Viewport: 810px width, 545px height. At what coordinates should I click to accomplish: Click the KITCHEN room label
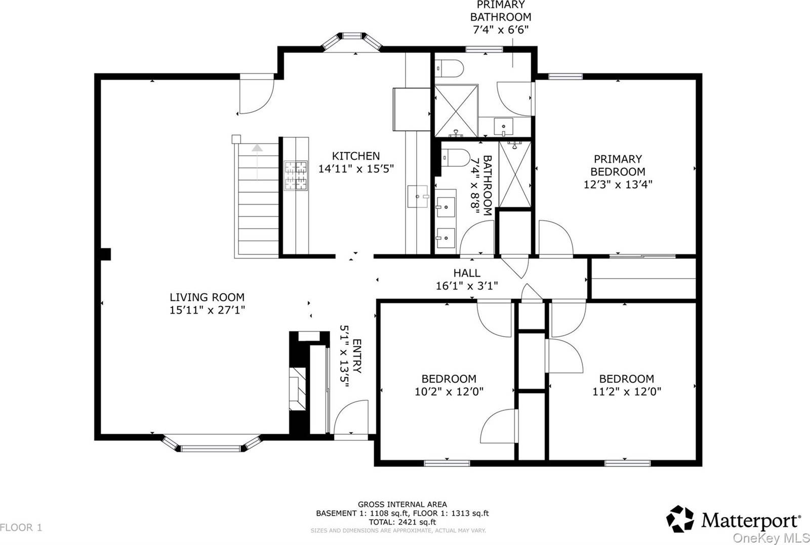[355, 156]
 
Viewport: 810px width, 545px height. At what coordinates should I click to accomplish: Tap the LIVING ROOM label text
[207, 297]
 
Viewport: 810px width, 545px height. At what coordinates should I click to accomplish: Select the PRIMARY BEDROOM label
[618, 165]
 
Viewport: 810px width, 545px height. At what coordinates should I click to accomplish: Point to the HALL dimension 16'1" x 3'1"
[467, 286]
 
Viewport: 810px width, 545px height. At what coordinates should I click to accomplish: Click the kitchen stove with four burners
[296, 175]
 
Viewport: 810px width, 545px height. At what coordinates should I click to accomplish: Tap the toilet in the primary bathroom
[450, 67]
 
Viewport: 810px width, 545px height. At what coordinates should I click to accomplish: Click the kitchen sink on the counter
[418, 196]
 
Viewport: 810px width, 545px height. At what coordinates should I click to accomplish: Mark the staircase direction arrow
[258, 148]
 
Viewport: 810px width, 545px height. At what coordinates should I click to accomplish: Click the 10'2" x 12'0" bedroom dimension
[449, 391]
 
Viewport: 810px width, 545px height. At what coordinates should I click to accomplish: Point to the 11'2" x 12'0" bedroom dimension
[626, 391]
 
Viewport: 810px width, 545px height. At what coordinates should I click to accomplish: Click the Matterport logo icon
[680, 519]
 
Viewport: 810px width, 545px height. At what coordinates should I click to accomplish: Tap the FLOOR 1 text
[21, 528]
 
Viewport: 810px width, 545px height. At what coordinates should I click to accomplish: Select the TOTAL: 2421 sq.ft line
[402, 522]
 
